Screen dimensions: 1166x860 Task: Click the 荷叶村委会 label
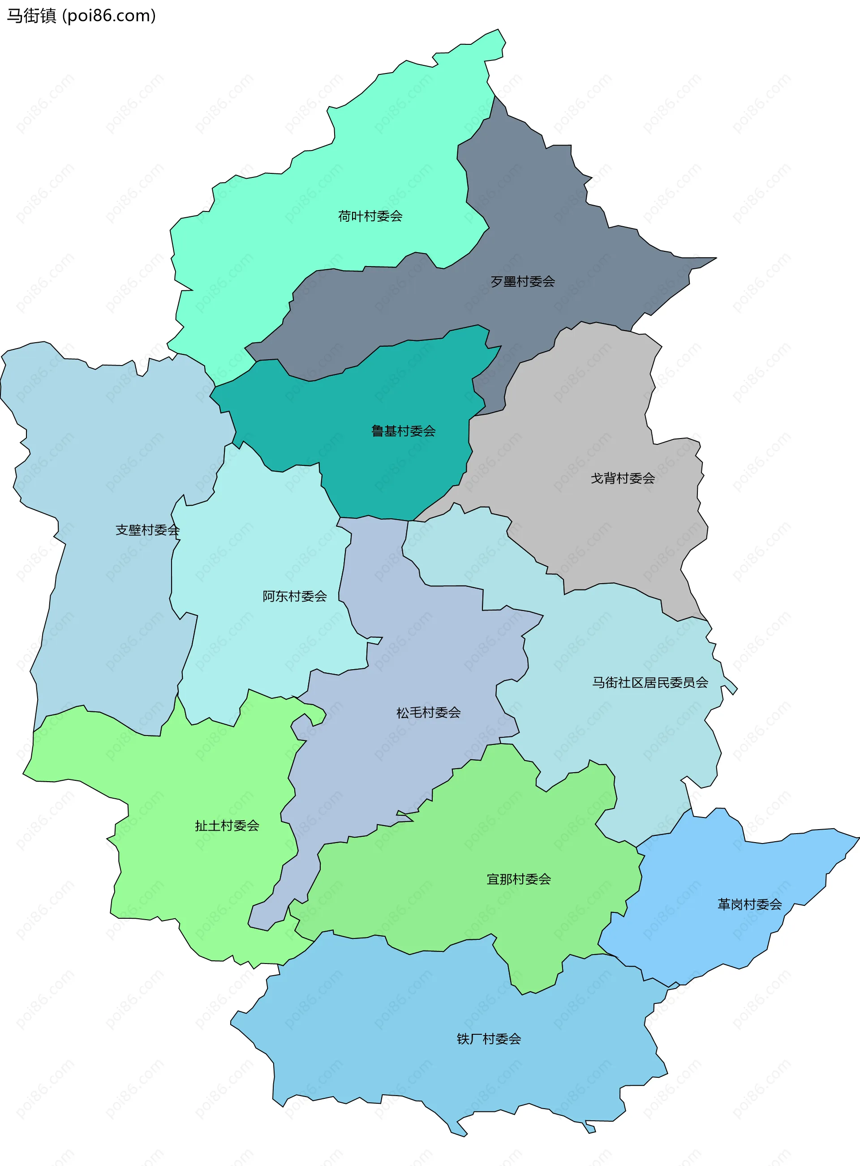370,216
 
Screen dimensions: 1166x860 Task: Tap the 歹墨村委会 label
523,282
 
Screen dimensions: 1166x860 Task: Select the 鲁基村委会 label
404,431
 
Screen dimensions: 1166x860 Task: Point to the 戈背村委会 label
623,478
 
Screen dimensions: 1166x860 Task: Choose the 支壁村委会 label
147,530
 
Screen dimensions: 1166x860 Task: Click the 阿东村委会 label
295,596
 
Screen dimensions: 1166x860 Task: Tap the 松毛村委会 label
429,713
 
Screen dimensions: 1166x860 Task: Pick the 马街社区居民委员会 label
650,682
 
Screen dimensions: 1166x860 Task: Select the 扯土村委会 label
227,826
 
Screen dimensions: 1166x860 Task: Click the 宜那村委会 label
519,879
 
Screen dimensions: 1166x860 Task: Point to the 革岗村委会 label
750,905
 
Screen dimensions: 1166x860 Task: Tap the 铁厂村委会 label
489,1039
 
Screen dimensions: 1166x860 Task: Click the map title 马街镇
31,16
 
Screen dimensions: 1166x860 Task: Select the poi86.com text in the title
109,16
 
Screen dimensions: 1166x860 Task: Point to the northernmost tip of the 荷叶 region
498,30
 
